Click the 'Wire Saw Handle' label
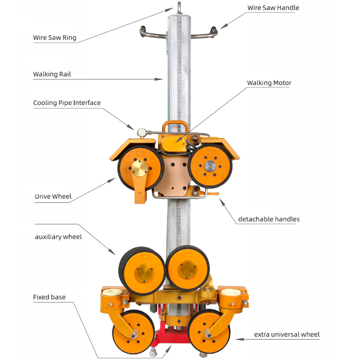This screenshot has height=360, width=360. click(273, 8)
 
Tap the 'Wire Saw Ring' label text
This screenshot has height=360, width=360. click(54, 37)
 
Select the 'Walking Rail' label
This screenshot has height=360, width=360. click(52, 74)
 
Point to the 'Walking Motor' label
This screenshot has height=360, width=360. click(269, 83)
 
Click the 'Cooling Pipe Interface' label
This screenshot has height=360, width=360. click(67, 103)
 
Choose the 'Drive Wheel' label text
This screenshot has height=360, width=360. click(53, 197)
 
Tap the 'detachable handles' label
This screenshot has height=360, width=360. click(269, 219)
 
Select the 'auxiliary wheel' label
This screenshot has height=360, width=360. click(58, 237)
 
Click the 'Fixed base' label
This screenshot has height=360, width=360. click(49, 297)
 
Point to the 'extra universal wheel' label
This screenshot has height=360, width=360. click(287, 334)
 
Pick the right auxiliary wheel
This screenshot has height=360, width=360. click(188, 267)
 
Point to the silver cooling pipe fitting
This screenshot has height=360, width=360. click(143, 131)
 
